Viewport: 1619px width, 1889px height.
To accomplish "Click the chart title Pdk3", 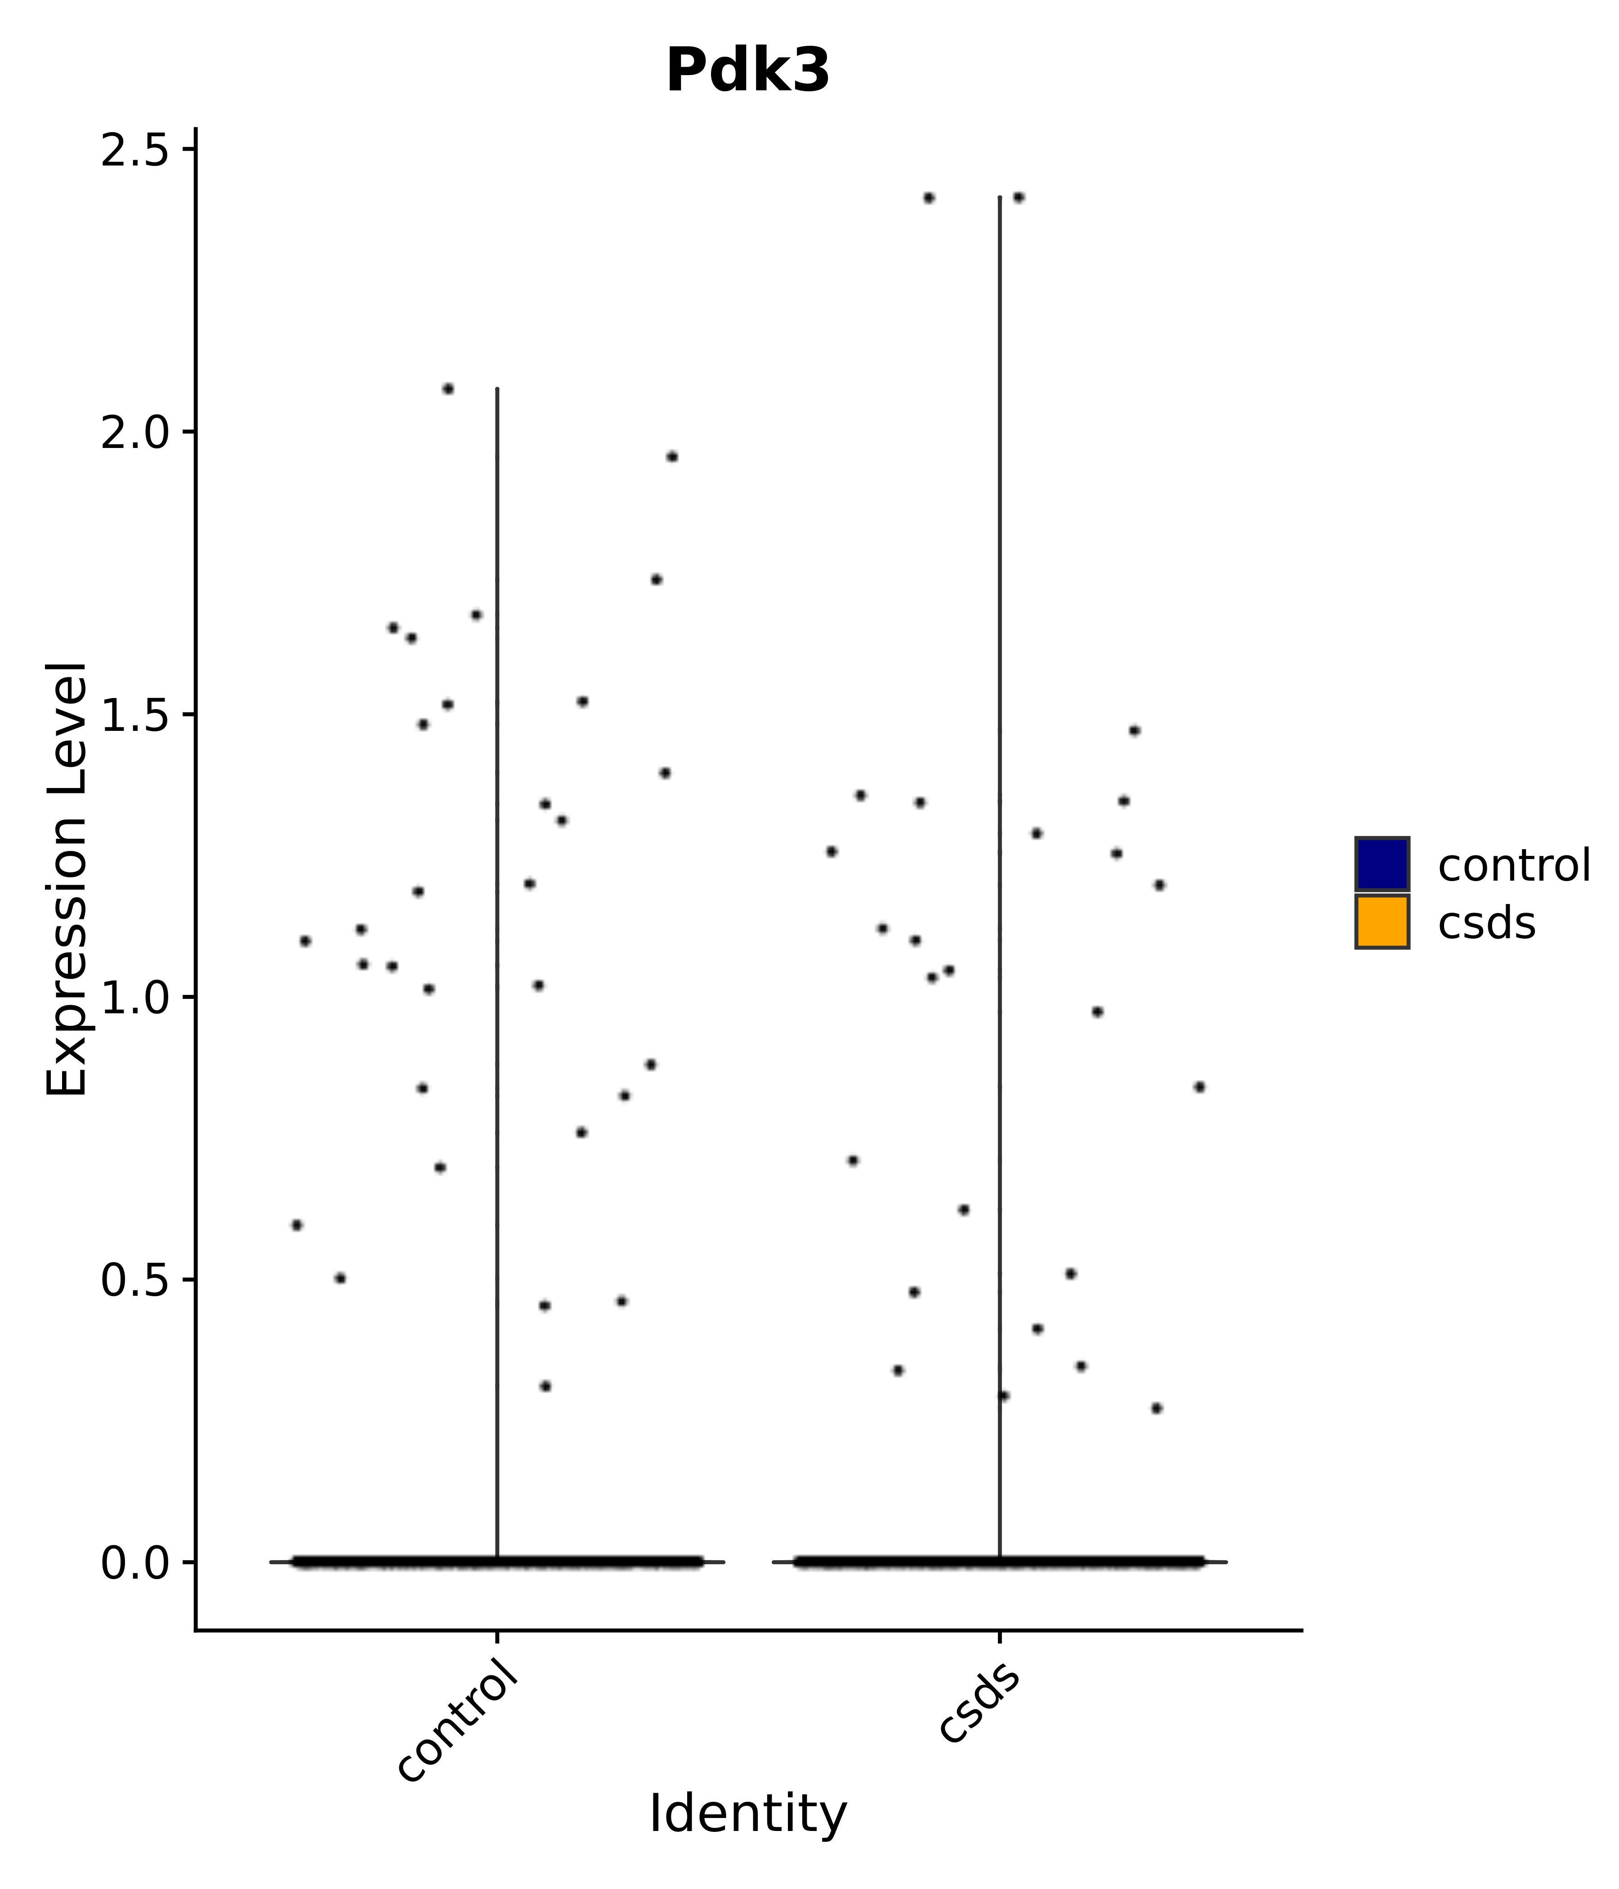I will click(x=747, y=71).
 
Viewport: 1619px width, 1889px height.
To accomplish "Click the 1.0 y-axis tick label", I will click(x=135, y=998).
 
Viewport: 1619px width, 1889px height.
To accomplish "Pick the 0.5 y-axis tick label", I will click(x=135, y=1280).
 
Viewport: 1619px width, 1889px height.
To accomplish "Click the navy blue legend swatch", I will click(x=1381, y=864).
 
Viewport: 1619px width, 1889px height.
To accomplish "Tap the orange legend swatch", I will click(x=1381, y=922).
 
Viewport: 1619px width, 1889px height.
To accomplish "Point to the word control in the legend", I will click(x=1513, y=864).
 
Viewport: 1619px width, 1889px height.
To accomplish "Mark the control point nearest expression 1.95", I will click(x=672, y=457).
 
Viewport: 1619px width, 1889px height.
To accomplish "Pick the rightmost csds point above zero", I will click(x=1200, y=1087).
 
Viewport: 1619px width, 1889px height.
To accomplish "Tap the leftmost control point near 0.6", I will click(x=296, y=1225).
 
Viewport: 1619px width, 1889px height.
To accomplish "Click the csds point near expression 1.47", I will click(x=1134, y=730).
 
